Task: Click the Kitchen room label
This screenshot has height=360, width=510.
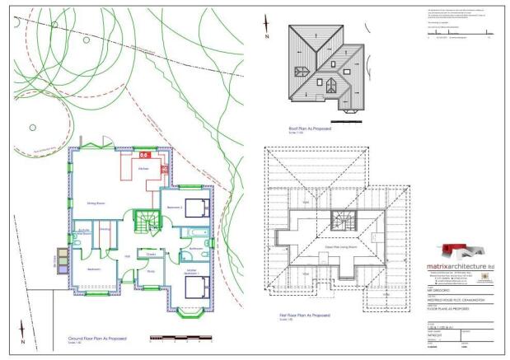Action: [143, 167]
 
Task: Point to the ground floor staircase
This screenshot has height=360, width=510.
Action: [145, 222]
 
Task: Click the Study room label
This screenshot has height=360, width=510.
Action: [151, 271]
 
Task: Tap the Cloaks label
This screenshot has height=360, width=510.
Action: [151, 253]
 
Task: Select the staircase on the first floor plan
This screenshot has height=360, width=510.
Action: [340, 220]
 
